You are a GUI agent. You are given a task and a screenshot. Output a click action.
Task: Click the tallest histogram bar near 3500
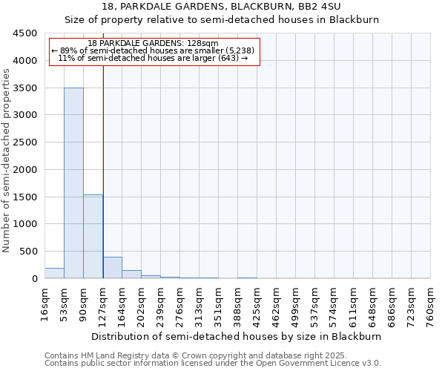[x=73, y=183]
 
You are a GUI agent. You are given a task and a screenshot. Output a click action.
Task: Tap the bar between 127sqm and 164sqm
[x=112, y=267]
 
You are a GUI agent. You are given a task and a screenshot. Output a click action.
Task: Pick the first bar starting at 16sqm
[x=54, y=273]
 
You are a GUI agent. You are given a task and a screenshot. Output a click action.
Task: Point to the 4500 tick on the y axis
[x=25, y=33]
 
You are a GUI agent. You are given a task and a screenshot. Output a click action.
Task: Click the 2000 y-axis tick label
[x=25, y=170]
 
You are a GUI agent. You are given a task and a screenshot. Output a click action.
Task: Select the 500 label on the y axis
[x=28, y=252]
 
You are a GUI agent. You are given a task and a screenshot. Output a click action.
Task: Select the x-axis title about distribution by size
[x=237, y=336]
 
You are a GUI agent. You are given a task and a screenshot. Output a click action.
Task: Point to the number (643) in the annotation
[x=226, y=58]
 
